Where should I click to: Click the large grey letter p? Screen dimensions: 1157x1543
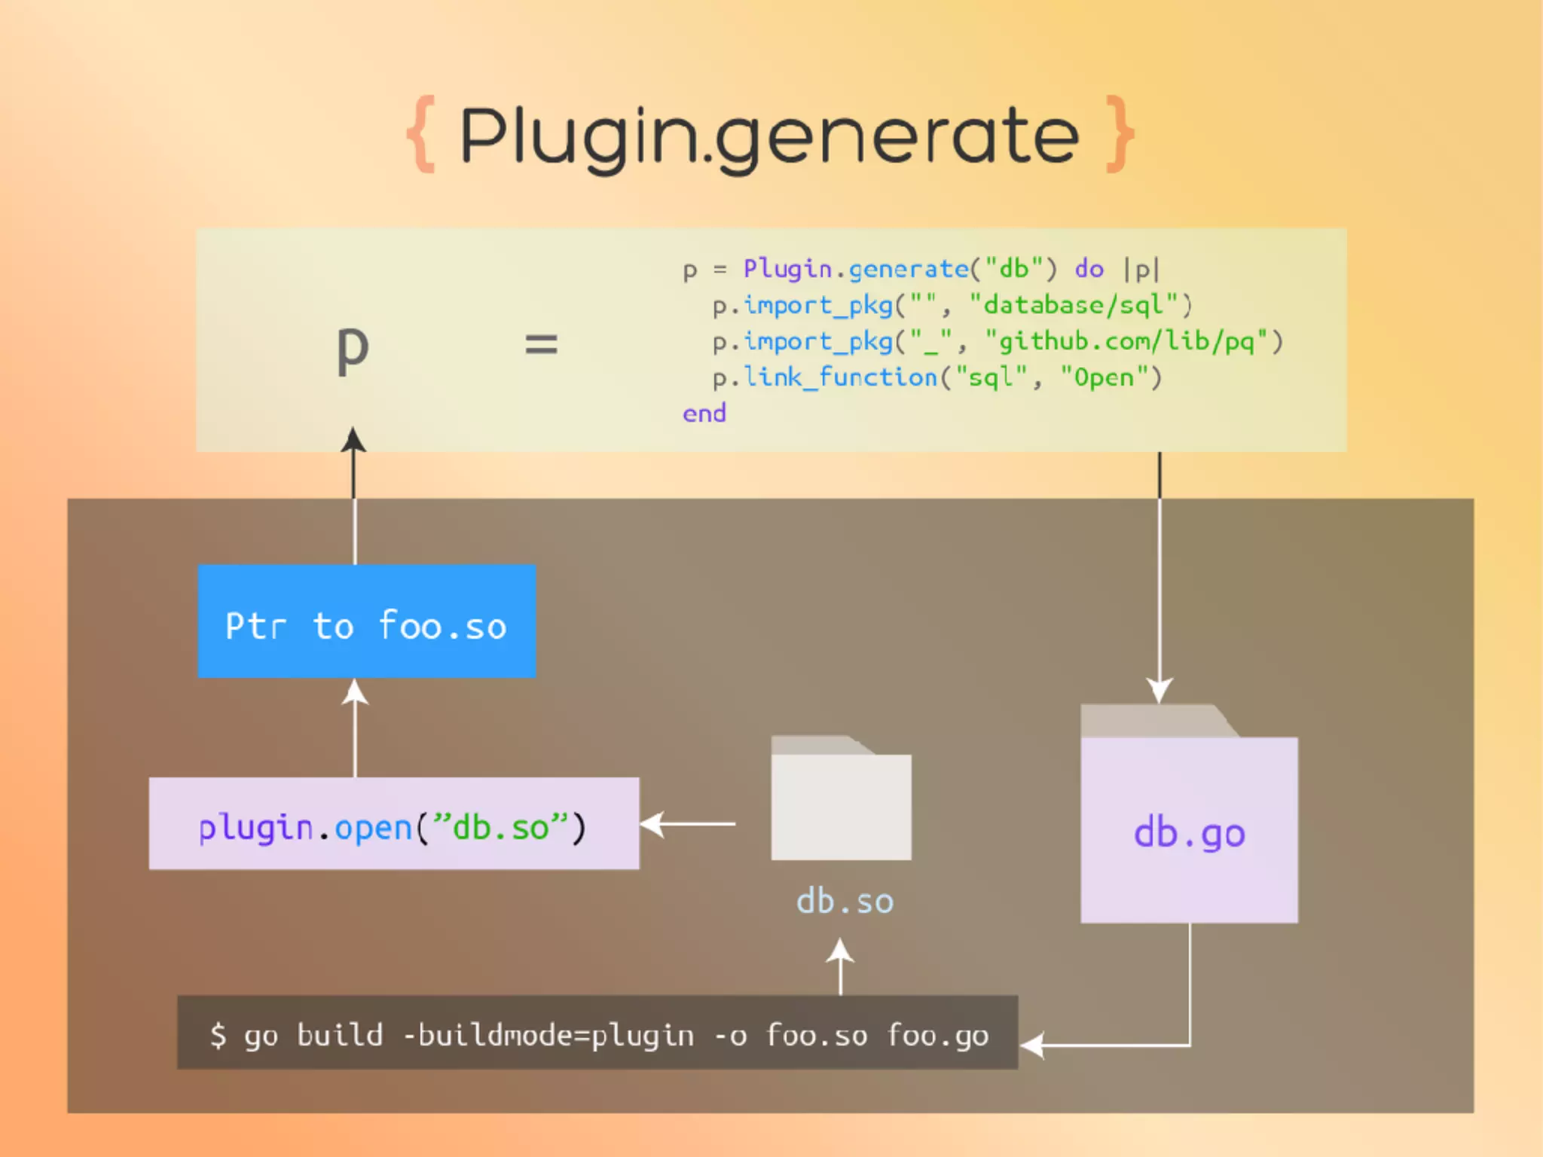[x=352, y=350]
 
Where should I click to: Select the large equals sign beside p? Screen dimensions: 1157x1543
[x=541, y=345]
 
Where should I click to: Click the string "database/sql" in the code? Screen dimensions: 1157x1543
[x=1074, y=306]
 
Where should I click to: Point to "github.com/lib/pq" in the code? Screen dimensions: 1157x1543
[x=1126, y=342]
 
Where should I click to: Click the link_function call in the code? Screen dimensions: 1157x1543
[x=840, y=377]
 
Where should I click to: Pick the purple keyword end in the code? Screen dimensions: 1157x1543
[x=704, y=414]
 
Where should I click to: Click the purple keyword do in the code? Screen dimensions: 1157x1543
[x=1089, y=270]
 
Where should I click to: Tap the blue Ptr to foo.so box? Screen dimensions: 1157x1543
[x=366, y=622]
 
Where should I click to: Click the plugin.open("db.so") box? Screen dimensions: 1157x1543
[x=393, y=824]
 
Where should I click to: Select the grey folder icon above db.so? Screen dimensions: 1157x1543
[x=841, y=800]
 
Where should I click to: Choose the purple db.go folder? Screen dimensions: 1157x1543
[x=1189, y=821]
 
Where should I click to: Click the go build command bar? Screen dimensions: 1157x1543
[x=597, y=1033]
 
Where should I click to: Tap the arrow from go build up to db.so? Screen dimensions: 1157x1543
[x=840, y=966]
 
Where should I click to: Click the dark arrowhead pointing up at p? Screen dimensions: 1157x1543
[x=353, y=440]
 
